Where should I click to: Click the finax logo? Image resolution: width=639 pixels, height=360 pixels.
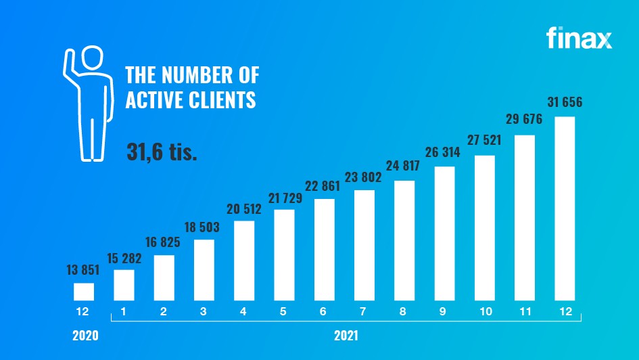(x=579, y=39)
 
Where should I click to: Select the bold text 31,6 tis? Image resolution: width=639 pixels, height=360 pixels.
(x=162, y=152)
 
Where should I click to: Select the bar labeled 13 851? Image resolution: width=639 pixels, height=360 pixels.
(x=84, y=292)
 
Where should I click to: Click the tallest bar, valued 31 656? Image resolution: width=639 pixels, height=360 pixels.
(x=565, y=208)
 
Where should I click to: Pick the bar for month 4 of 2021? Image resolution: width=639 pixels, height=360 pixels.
(x=244, y=261)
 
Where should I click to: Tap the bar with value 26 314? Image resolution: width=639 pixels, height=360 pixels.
(x=444, y=233)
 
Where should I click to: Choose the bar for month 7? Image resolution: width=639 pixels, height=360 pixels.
(x=364, y=245)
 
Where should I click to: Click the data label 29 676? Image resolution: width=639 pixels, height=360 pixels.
(x=525, y=120)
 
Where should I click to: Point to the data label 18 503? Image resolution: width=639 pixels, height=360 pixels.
(x=204, y=225)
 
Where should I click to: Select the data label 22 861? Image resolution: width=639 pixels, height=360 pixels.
(x=325, y=185)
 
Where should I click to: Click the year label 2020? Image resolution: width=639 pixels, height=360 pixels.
(x=86, y=335)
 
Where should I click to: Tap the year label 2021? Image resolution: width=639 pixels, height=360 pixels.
(x=345, y=335)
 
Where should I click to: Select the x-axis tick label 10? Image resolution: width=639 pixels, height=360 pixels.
(x=484, y=313)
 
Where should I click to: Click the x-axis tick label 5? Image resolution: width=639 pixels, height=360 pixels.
(x=284, y=313)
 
